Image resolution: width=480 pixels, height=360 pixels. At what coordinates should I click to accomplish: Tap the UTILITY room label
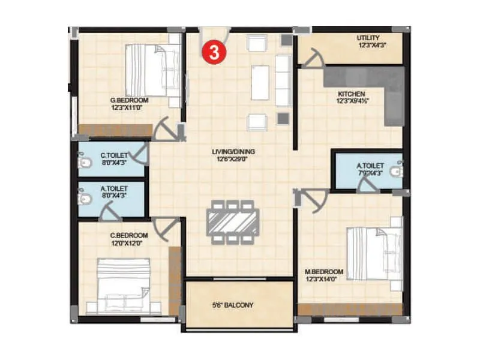coord(368,38)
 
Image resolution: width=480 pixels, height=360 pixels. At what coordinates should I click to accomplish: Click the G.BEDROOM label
coord(129,100)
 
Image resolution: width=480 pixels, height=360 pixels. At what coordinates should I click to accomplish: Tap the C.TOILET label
coord(114,155)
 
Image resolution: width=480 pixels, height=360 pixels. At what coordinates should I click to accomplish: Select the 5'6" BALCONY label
coord(233,305)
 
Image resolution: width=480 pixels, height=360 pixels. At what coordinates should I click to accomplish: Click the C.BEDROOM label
coord(128,235)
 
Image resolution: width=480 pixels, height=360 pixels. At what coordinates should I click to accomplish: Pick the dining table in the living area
coord(234,222)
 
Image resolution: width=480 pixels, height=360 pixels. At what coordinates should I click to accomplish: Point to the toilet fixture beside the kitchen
coord(395,171)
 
